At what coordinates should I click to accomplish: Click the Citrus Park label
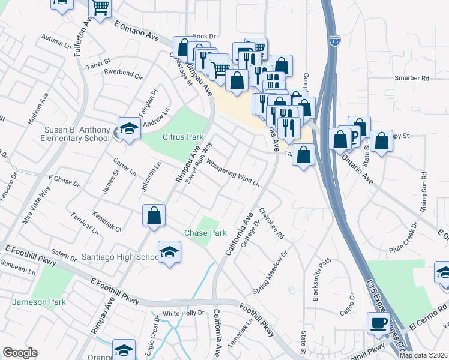(183, 137)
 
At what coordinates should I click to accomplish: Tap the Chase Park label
(205, 233)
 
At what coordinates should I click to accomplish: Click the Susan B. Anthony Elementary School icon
(128, 130)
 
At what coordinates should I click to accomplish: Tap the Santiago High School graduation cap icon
(170, 253)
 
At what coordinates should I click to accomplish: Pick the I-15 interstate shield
(334, 41)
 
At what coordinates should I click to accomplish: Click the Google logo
(20, 353)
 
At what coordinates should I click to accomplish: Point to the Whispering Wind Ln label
(232, 172)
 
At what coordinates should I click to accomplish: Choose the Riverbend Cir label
(123, 77)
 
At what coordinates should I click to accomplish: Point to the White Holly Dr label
(184, 313)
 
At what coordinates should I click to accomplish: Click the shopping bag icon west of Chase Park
(154, 216)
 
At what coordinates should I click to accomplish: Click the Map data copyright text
(423, 355)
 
